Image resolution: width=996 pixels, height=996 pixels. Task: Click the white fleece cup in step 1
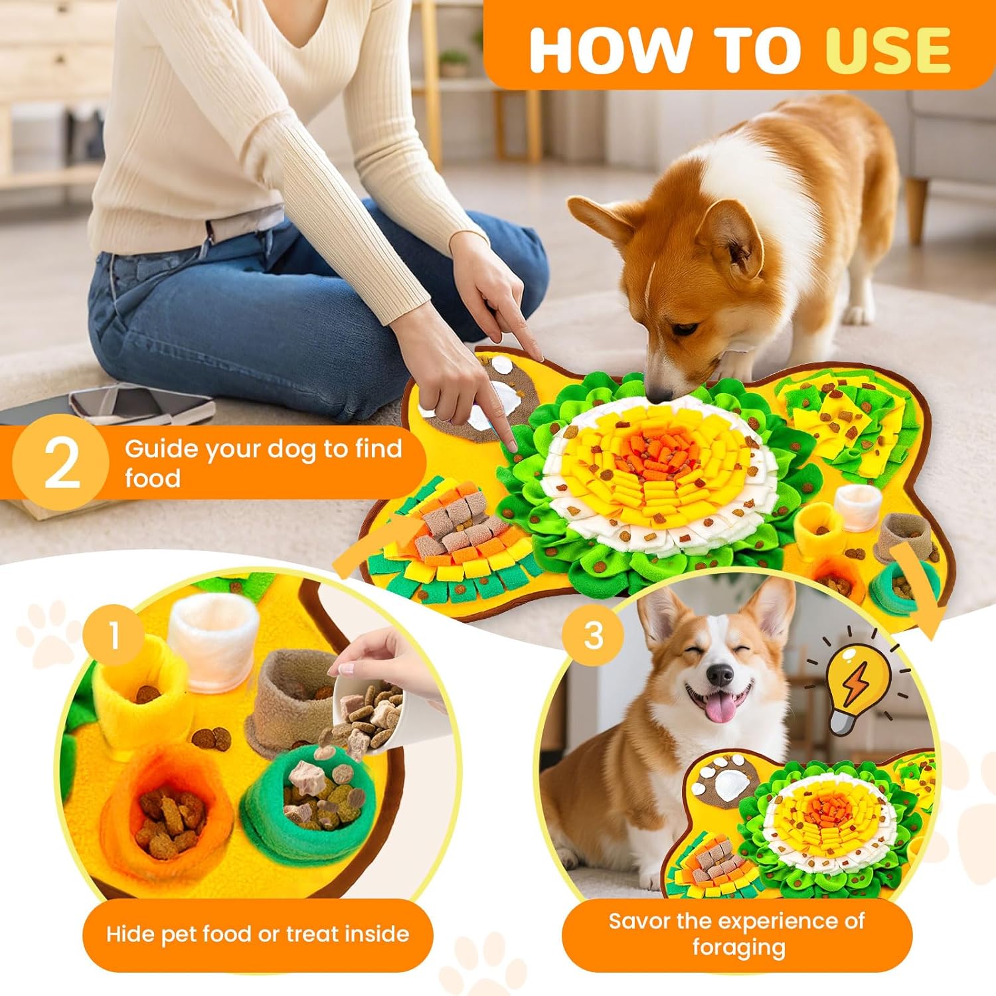pyautogui.click(x=212, y=641)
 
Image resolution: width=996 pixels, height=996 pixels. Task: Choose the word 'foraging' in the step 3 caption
pyautogui.click(x=738, y=948)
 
